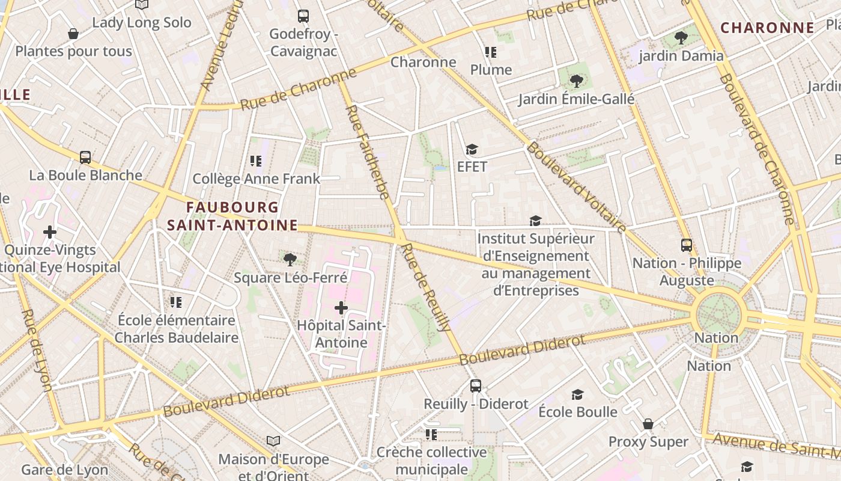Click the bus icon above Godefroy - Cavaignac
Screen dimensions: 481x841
(x=303, y=16)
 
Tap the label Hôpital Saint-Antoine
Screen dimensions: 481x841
(x=341, y=334)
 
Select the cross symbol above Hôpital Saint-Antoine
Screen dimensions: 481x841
(x=341, y=308)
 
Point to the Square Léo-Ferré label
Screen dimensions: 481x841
(x=290, y=278)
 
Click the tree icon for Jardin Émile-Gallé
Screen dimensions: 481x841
(x=576, y=81)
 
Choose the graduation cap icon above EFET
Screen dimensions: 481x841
(x=472, y=149)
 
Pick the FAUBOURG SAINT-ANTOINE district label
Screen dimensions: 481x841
(x=232, y=216)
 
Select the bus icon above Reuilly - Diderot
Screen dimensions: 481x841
(x=476, y=386)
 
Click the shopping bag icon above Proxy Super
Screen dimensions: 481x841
(x=648, y=424)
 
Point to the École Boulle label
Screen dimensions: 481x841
(x=577, y=412)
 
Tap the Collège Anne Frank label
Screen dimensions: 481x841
(x=256, y=179)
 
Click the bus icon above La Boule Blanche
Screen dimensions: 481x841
(x=85, y=158)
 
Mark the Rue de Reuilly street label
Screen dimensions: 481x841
(x=426, y=287)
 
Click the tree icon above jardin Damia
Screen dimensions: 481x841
(x=681, y=38)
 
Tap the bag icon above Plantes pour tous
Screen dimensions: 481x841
(x=73, y=34)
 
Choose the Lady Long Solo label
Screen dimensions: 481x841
(x=142, y=23)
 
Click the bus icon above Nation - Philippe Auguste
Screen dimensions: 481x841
(x=687, y=245)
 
